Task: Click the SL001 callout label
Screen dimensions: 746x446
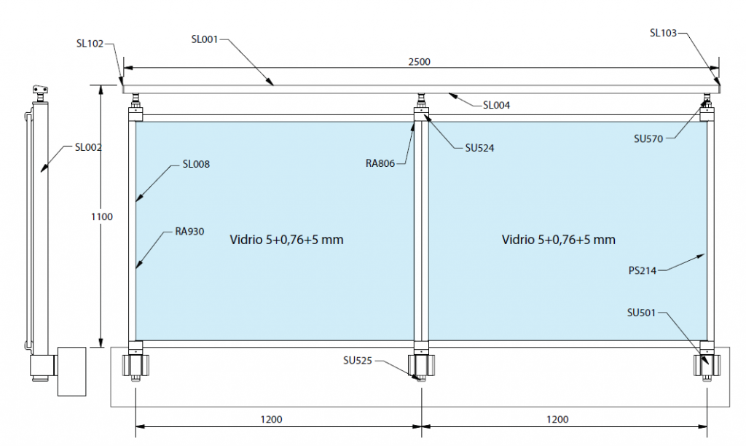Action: (x=205, y=39)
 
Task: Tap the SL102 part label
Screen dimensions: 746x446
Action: (x=90, y=44)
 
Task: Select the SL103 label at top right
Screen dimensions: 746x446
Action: (x=663, y=33)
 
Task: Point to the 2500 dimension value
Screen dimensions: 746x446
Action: (x=419, y=62)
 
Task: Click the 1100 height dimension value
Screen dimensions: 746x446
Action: (x=102, y=217)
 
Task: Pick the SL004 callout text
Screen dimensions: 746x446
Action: (x=496, y=105)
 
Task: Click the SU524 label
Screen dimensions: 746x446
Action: (x=479, y=148)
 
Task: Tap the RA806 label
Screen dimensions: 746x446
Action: (x=380, y=164)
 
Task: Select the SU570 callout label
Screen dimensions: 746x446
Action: (x=648, y=139)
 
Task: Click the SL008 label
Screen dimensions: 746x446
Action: (x=196, y=164)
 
